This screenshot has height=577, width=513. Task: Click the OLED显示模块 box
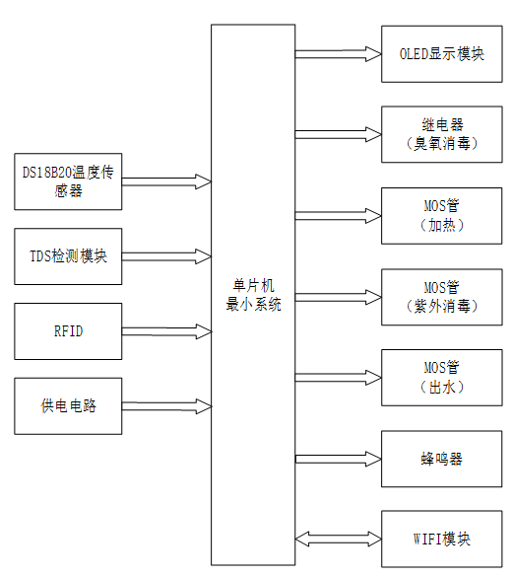pos(434,54)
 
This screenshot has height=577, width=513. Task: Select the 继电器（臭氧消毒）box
pos(434,134)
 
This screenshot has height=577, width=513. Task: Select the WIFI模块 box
pos(434,540)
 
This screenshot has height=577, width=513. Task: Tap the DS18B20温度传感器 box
pos(69,181)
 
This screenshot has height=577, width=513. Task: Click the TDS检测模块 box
pos(69,256)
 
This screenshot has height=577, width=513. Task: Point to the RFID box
pos(69,331)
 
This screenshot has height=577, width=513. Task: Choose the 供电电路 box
pos(69,405)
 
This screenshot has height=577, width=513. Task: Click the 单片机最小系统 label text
pos(253,297)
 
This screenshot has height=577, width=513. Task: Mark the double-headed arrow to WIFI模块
pos(338,540)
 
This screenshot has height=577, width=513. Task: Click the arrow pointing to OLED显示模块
pos(338,54)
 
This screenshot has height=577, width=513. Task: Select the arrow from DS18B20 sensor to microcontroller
pos(166,181)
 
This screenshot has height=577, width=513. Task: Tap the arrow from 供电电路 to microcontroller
pos(166,405)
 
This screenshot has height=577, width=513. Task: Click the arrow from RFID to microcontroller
pos(166,331)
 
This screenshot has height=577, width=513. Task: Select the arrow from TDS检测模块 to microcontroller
pos(166,256)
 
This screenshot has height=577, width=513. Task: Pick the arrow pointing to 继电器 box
pos(338,134)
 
